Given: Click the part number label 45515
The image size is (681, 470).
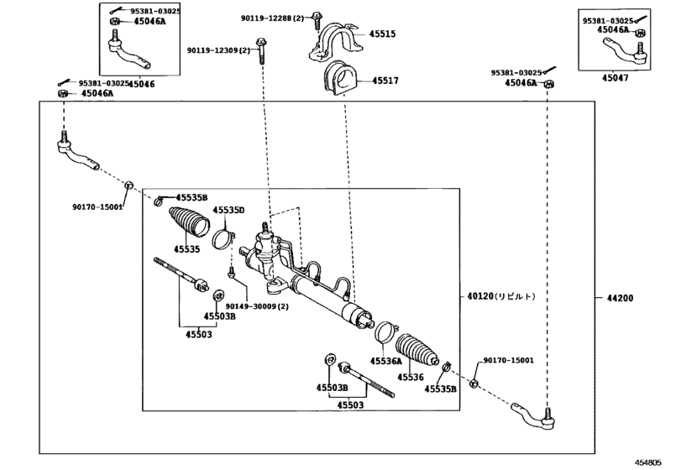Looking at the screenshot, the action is tap(382, 34).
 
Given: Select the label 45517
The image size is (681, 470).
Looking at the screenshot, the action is tap(385, 81).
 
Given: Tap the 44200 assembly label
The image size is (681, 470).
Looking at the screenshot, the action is tap(621, 298).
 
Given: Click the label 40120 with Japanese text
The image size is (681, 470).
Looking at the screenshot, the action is tap(501, 296).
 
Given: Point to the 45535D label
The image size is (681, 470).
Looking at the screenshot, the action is tap(228, 211).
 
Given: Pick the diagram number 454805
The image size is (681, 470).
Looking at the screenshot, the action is tap(649, 462).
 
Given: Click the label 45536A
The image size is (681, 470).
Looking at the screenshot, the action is tap(386, 361).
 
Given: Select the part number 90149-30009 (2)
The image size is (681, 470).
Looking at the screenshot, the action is tap(257, 306).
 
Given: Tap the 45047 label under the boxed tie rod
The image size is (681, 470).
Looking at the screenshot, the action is tap(615, 78).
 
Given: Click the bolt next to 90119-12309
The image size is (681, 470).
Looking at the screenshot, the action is tap(261, 51).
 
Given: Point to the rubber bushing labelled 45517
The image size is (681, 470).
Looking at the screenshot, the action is tap(340, 79).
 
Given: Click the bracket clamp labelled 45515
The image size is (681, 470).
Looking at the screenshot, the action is tap(333, 40).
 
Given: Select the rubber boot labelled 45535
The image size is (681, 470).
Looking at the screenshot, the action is tap(190, 222).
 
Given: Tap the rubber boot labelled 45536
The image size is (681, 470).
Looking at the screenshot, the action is tap(417, 351).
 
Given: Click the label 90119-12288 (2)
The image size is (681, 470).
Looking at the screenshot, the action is tap(273, 18).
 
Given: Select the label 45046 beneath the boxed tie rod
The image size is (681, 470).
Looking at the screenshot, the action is tap(142, 84).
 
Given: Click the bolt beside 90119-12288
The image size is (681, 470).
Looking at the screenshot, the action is tap(317, 20).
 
